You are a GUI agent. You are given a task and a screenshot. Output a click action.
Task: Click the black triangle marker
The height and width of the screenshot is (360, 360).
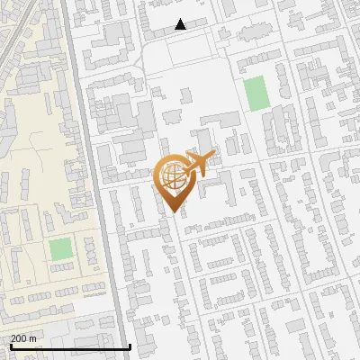pos(181,24)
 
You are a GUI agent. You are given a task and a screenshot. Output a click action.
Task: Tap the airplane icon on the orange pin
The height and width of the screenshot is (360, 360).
pos(201,165)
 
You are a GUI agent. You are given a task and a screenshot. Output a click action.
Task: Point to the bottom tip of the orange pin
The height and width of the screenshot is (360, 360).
pos(174,211)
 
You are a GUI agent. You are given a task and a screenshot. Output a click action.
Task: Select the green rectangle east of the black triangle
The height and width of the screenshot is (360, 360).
pos(256,94)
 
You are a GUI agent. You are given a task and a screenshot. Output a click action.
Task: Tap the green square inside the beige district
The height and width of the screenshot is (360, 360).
pos(60,249)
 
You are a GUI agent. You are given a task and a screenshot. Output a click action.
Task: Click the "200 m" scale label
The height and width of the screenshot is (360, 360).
pos(23,338)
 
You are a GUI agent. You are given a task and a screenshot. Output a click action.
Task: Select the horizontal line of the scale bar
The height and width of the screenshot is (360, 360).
pos(69,346)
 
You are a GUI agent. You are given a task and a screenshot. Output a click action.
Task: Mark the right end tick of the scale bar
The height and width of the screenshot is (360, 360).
pos(130,346)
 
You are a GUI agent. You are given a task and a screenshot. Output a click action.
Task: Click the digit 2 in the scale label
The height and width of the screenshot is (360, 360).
pos(14,338)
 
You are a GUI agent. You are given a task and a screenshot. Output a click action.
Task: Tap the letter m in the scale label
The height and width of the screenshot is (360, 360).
pos(33,338)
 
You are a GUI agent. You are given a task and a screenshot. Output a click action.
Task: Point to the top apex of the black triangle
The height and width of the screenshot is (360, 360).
pos(181,19)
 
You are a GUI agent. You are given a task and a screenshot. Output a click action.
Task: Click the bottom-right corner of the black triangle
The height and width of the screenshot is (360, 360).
pos(186,29)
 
